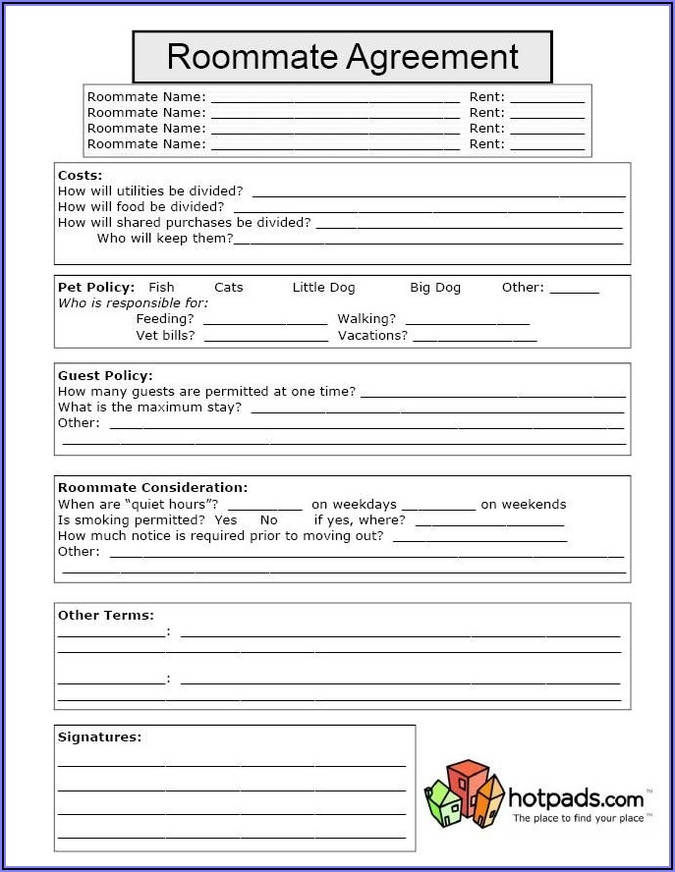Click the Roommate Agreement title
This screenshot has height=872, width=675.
[x=342, y=57]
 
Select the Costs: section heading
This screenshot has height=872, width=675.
[x=80, y=175]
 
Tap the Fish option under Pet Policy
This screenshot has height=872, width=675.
[x=161, y=287]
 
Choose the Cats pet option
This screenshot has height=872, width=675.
[x=228, y=287]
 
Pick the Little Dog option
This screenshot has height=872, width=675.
[x=323, y=287]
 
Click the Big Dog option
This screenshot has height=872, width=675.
[x=434, y=287]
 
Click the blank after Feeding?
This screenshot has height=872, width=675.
[x=264, y=320]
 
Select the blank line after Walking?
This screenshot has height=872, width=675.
[x=467, y=320]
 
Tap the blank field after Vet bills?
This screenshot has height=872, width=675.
[x=265, y=337]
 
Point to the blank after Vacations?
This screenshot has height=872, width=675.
[x=475, y=337]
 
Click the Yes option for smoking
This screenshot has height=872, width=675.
[x=225, y=519]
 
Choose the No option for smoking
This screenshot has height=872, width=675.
[x=268, y=519]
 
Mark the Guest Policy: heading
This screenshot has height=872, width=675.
[x=105, y=375]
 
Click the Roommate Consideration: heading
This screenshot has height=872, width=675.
[x=152, y=487]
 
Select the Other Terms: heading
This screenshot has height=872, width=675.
[x=105, y=615]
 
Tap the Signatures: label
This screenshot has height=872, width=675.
[x=99, y=736]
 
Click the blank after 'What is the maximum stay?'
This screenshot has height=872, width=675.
[x=437, y=409]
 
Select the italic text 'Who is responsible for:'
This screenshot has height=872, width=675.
[x=133, y=302]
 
